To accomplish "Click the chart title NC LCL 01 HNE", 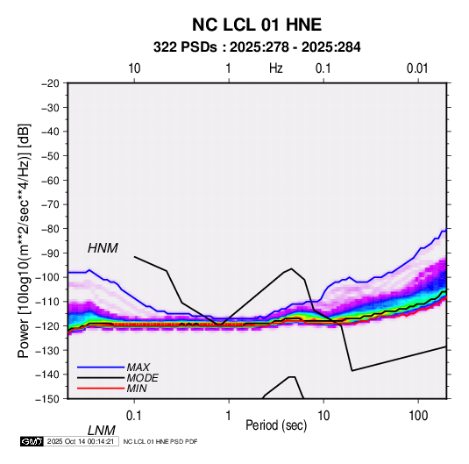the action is pyautogui.click(x=257, y=25).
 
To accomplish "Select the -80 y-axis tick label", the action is pyautogui.click(x=50, y=229).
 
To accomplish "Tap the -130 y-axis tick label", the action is pyautogui.click(x=48, y=350).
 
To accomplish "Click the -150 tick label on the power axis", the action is pyautogui.click(x=48, y=399).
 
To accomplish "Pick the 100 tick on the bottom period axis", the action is pyautogui.click(x=418, y=416).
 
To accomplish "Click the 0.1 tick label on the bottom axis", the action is pyautogui.click(x=134, y=416).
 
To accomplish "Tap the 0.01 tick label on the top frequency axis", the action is pyautogui.click(x=417, y=68).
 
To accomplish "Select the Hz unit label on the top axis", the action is pyautogui.click(x=276, y=68).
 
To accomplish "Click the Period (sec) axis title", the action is pyautogui.click(x=276, y=425).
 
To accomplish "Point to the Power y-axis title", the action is pyautogui.click(x=24, y=241).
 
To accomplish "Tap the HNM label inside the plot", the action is pyautogui.click(x=103, y=248).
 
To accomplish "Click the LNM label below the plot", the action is pyautogui.click(x=101, y=431).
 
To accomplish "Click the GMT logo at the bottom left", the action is pyautogui.click(x=32, y=441).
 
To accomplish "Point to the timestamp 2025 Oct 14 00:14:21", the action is pyautogui.click(x=81, y=441).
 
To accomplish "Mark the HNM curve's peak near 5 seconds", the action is pyautogui.click(x=291, y=268).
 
